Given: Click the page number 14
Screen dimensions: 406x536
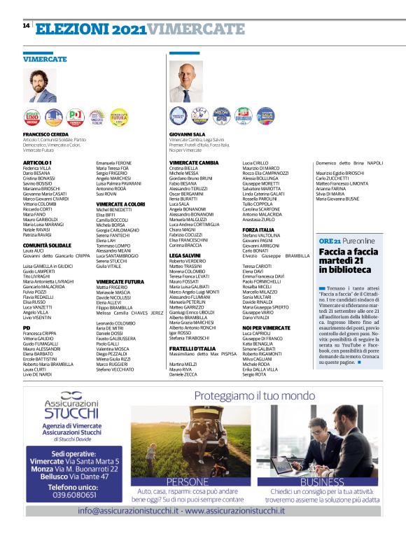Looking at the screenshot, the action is [x=24, y=26].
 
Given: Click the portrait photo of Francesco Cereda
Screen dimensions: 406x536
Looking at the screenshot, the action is [x=41, y=85].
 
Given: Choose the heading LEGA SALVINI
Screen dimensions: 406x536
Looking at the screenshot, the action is [x=185, y=276].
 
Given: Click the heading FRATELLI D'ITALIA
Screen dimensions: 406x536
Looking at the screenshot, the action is [x=192, y=348].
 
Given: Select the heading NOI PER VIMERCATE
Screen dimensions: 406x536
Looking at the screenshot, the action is [x=266, y=327].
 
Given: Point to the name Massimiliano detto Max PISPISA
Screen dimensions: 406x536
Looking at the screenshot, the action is [x=204, y=354].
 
